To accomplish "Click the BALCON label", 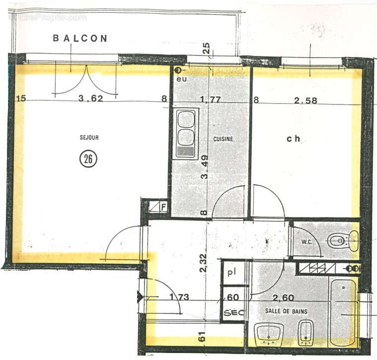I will coord(80,38).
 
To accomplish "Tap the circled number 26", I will coord(88,159).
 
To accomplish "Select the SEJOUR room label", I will coord(88,138).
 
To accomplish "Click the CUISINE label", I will coord(223,140).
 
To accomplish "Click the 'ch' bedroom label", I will coord(294,139).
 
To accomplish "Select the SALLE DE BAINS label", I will coord(286,311).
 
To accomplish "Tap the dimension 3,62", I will coord(90,98).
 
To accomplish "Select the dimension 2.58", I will coord(305,101).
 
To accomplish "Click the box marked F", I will coord(161,206).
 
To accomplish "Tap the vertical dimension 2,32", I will coord(203,263).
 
